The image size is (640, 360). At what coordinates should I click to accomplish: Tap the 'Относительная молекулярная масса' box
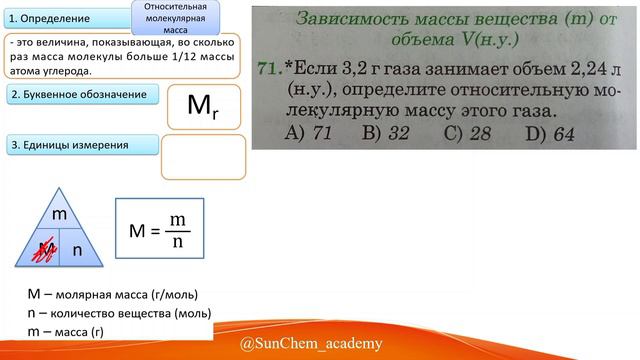click(x=168, y=18)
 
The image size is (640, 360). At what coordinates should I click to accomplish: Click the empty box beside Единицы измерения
click(x=203, y=157)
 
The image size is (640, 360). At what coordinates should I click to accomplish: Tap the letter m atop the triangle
click(x=59, y=214)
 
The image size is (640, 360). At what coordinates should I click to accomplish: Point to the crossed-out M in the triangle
click(x=42, y=250)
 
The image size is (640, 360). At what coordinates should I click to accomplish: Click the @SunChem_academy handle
click(x=311, y=344)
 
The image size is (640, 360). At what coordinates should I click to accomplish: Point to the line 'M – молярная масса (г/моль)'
click(x=113, y=294)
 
